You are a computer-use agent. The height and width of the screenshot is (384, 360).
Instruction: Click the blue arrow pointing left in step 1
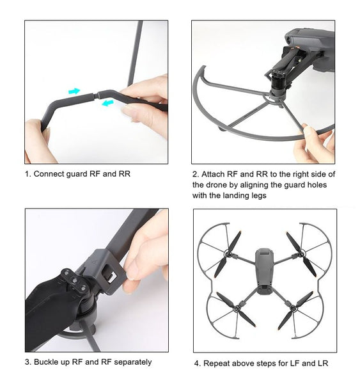(107, 101)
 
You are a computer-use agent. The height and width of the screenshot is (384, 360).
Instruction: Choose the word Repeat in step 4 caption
(217, 364)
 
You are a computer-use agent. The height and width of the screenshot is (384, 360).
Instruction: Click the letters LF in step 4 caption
(292, 364)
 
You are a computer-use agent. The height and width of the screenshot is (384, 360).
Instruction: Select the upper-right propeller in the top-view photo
(301, 253)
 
